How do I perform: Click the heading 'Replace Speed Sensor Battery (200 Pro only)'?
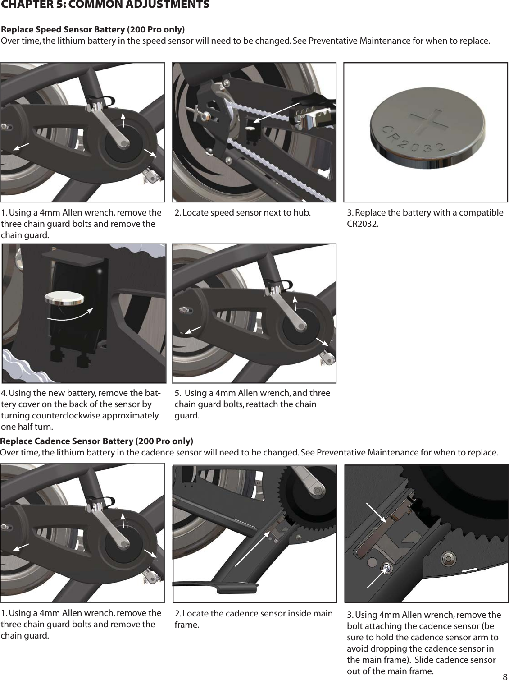tap(93, 30)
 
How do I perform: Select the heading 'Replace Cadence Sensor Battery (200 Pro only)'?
tap(97, 441)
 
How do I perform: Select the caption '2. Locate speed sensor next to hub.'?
tap(242, 213)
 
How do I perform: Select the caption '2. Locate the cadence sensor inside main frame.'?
tap(254, 619)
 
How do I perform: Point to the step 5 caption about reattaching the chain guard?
tap(252, 404)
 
